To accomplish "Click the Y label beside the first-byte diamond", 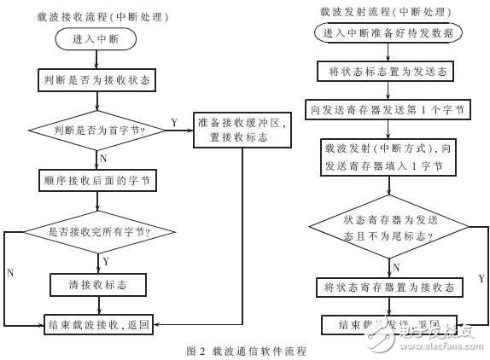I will click(x=173, y=122).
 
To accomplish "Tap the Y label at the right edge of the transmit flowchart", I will click(x=481, y=278).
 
